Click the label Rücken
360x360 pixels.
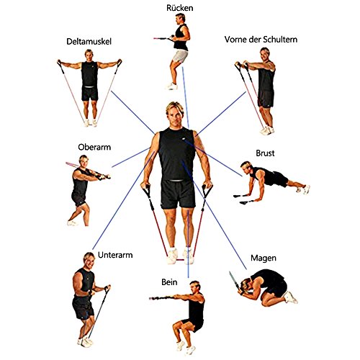pyautogui.click(x=179, y=9)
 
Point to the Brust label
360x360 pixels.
pyautogui.click(x=266, y=153)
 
